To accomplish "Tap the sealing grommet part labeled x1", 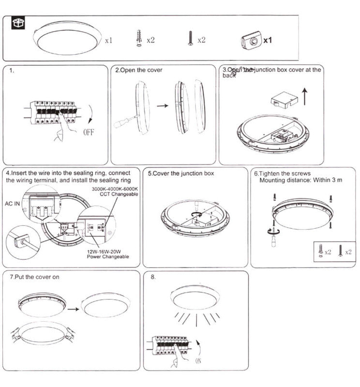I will [250, 41].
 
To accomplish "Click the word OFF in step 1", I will [88, 132].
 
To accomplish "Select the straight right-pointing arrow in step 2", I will [163, 105].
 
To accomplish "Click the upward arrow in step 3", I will [304, 97].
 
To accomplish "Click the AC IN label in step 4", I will [13, 204].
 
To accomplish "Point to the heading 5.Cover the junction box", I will [181, 173].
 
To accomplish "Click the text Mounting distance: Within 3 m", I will [301, 180].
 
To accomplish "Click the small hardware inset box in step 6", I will [335, 252].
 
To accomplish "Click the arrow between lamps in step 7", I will [73, 308].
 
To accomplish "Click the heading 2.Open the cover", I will [138, 70].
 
